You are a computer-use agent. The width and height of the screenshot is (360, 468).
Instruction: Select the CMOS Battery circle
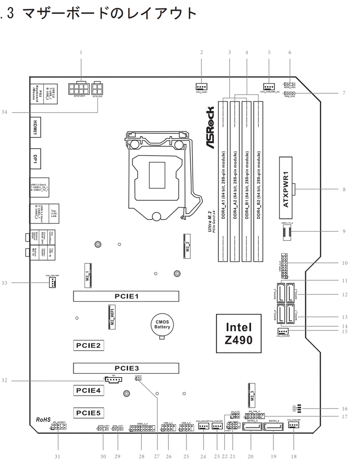coord(162,325)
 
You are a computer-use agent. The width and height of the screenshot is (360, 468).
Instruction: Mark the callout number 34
coord(4,111)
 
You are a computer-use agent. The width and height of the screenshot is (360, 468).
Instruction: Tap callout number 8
coord(344,189)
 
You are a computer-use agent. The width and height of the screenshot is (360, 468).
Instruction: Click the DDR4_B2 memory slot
coord(259,181)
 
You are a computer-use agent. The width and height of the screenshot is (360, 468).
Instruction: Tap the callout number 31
coord(58,456)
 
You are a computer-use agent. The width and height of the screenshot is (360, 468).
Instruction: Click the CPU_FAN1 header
coord(201,86)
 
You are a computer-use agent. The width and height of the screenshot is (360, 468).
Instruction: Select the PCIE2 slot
coord(89,345)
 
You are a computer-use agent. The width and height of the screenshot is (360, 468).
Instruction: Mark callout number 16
coord(344,409)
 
